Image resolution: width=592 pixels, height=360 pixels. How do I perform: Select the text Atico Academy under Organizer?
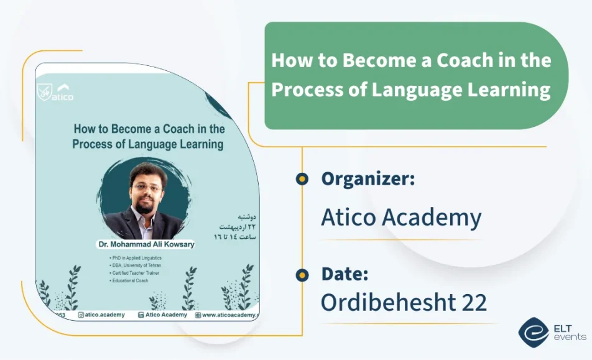[401, 218]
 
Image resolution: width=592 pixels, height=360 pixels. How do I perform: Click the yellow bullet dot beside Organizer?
[302, 180]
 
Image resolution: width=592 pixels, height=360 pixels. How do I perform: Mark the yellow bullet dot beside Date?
[302, 274]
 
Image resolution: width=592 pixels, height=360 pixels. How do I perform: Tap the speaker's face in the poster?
[145, 188]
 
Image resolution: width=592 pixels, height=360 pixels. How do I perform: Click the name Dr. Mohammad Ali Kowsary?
[146, 244]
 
